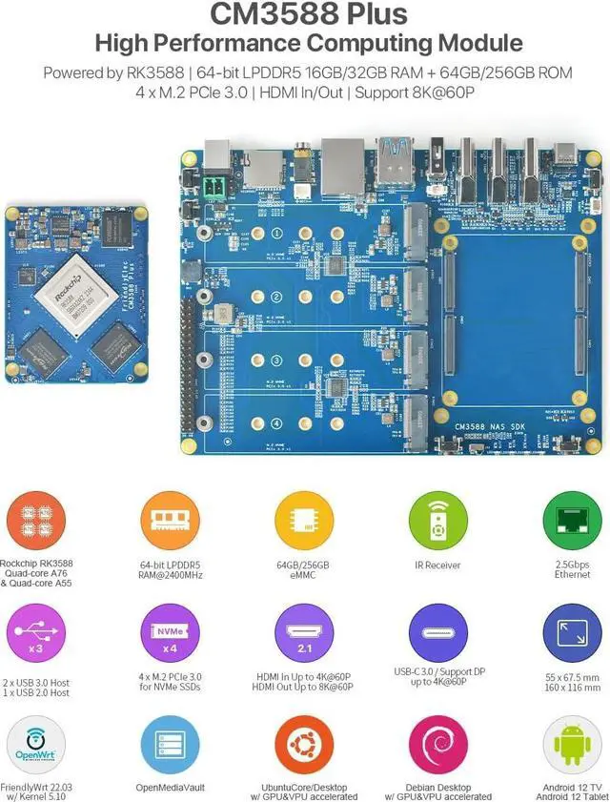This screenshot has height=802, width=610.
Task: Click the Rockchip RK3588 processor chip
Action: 72,289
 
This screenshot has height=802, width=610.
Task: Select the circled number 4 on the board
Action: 274,424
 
